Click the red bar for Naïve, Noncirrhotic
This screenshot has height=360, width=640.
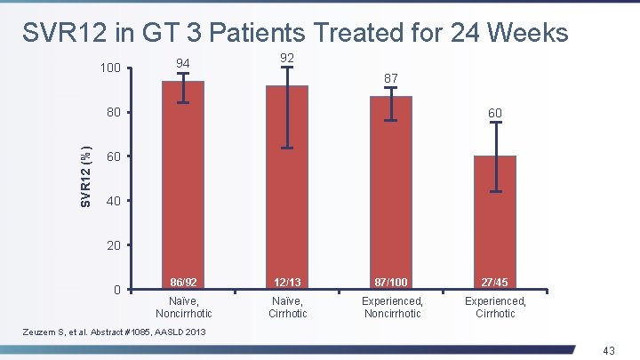[x=183, y=185]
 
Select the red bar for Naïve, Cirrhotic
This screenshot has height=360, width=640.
[x=287, y=188]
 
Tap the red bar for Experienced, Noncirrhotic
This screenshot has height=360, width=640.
[x=391, y=193]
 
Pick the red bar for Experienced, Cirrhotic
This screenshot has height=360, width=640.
[x=495, y=222]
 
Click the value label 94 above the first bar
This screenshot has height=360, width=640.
[x=183, y=63]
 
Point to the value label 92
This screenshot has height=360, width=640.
[x=287, y=58]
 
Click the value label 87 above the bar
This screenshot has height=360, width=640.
[x=391, y=78]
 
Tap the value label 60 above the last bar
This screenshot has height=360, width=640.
[x=495, y=113]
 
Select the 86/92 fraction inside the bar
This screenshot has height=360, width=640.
[x=183, y=282]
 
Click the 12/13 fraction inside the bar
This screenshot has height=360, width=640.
[x=287, y=282]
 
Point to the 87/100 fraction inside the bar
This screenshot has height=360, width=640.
[x=391, y=282]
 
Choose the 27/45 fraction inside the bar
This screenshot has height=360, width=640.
[x=495, y=282]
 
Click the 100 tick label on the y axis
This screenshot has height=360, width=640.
[x=110, y=68]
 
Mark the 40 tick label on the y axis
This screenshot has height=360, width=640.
[x=114, y=201]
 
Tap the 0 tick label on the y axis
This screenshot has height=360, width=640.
[x=117, y=290]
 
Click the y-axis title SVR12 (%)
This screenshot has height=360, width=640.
[x=85, y=177]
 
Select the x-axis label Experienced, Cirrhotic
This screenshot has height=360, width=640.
[x=495, y=308]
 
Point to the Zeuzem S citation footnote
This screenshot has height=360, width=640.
[x=114, y=332]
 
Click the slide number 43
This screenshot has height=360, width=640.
[x=609, y=350]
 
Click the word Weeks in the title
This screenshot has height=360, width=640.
[x=531, y=32]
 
